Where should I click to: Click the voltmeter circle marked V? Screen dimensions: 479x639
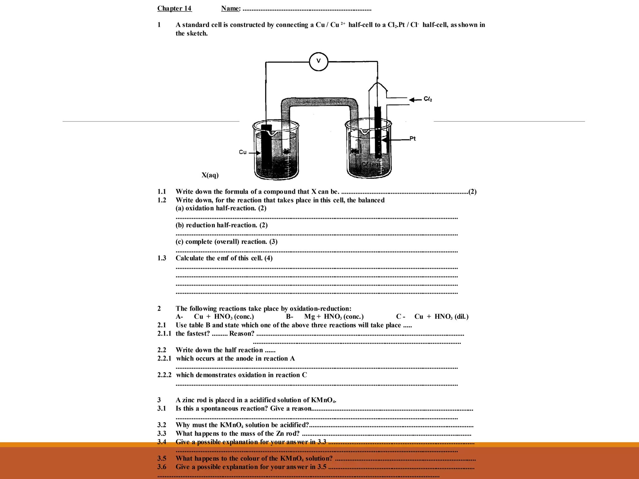pos(318,61)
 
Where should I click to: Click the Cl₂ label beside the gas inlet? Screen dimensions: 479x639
pos(428,99)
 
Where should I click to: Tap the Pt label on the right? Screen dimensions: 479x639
pos(412,138)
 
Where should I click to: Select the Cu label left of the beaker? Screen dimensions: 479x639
pos(242,152)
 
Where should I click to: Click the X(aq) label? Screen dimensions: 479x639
pos(210,175)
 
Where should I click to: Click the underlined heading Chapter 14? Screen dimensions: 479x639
pos(174,8)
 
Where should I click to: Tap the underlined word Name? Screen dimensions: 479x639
pos(230,8)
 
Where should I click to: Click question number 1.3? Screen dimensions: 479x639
pos(162,258)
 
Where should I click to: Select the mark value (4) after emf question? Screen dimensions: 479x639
pos(268,258)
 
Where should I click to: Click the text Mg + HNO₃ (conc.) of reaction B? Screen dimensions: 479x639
pos(334,317)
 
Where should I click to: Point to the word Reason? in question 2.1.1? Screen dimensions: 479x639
pos(242,334)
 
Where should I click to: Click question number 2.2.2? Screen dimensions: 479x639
pos(164,375)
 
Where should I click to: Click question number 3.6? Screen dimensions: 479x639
pos(162,467)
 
